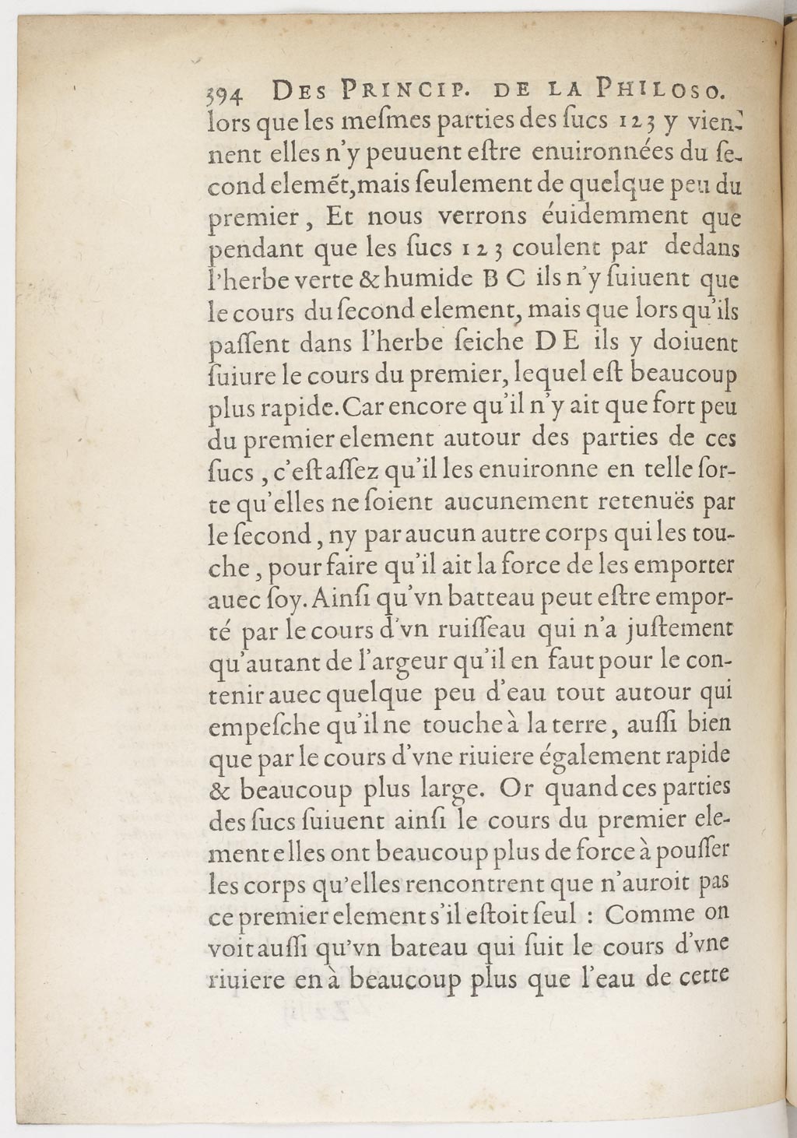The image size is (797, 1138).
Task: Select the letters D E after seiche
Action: click(x=557, y=344)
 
